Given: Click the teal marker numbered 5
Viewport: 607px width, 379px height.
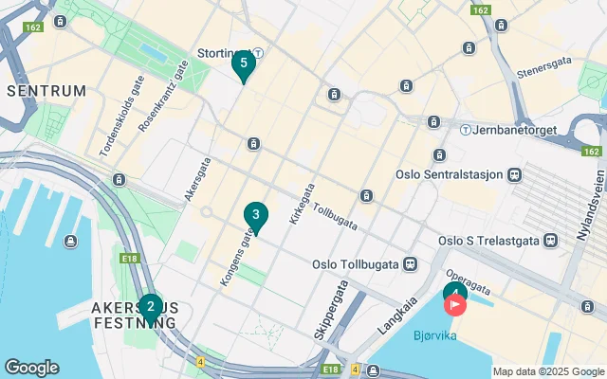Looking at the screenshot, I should [244, 64].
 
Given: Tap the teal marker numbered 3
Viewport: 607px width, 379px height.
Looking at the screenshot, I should [255, 216].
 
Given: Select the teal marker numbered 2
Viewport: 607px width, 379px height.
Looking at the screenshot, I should [150, 307].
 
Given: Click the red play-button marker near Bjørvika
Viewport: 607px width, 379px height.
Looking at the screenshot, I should [456, 305].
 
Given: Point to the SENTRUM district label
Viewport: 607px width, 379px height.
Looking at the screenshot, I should [46, 91].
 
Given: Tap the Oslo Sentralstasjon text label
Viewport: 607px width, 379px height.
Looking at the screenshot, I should [450, 174].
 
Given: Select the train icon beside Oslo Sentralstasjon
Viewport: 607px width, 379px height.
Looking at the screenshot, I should [514, 174].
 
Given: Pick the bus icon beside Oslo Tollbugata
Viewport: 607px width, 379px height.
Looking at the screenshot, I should [410, 263].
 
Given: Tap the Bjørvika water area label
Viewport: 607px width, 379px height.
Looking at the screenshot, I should [434, 335].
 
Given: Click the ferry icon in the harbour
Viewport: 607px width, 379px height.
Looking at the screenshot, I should [71, 241].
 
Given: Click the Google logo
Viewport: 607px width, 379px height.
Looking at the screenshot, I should [31, 368].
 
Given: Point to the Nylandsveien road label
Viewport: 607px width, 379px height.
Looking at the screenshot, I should [591, 206].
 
